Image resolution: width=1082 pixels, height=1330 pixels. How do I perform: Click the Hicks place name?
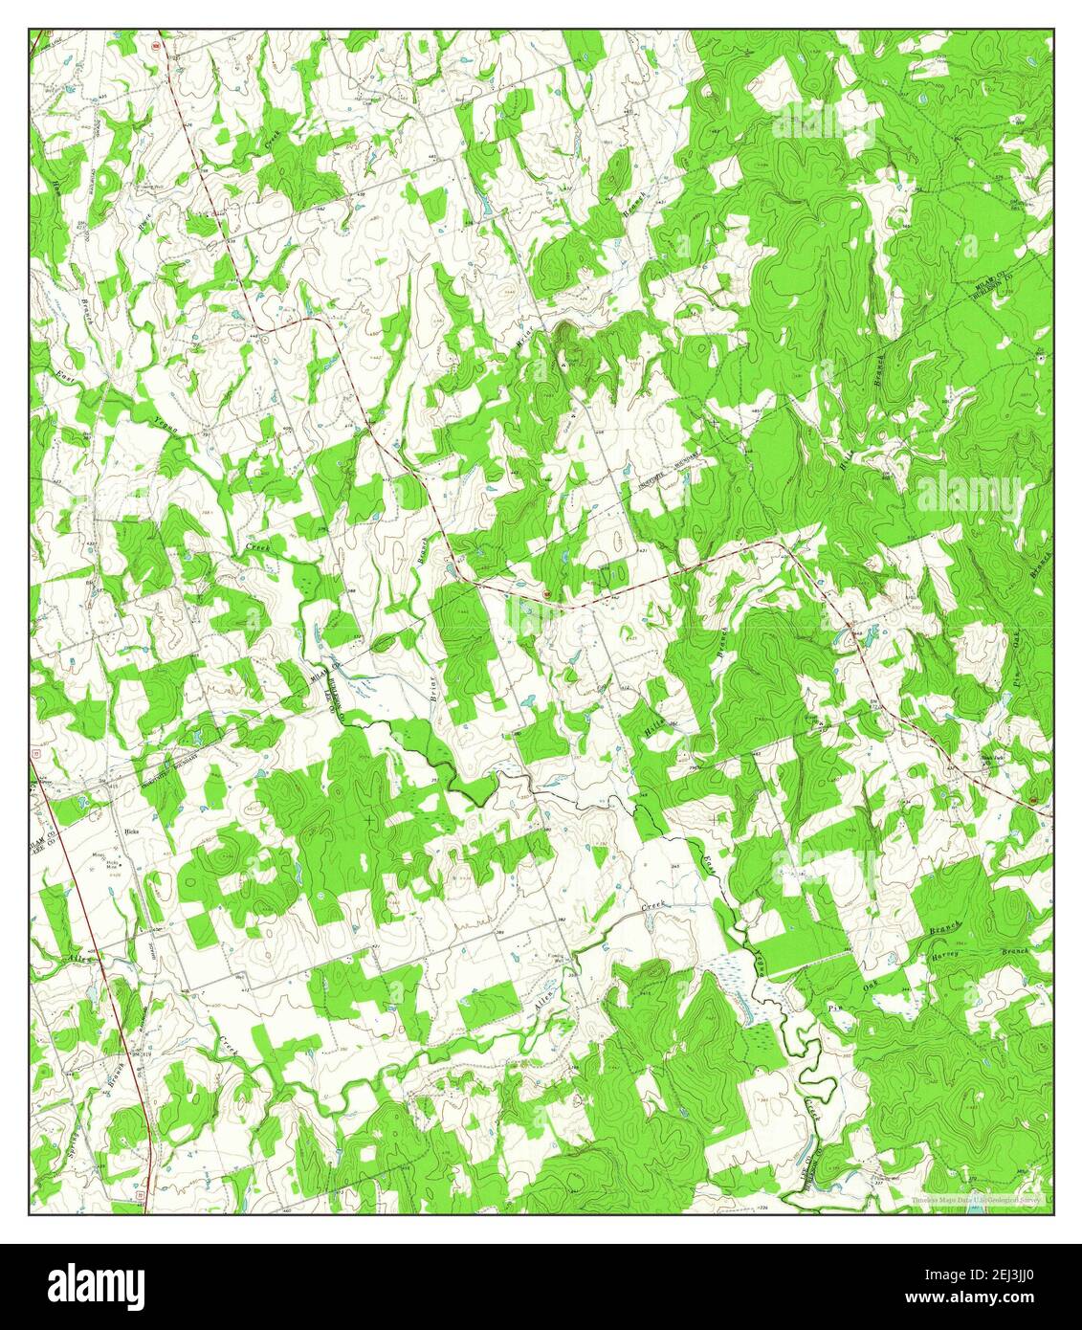(x=132, y=832)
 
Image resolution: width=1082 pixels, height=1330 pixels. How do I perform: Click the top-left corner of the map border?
(x=29, y=30)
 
